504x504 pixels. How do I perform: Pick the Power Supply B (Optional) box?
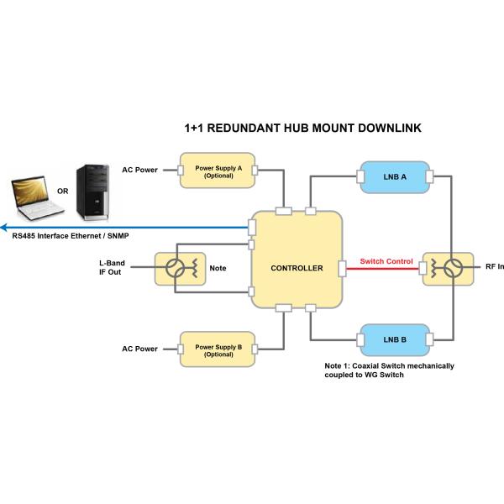[218, 349]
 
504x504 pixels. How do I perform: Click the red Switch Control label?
[386, 261]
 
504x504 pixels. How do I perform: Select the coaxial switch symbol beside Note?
[178, 269]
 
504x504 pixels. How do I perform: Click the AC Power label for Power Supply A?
[139, 171]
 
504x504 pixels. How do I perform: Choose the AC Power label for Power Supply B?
[139, 349]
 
